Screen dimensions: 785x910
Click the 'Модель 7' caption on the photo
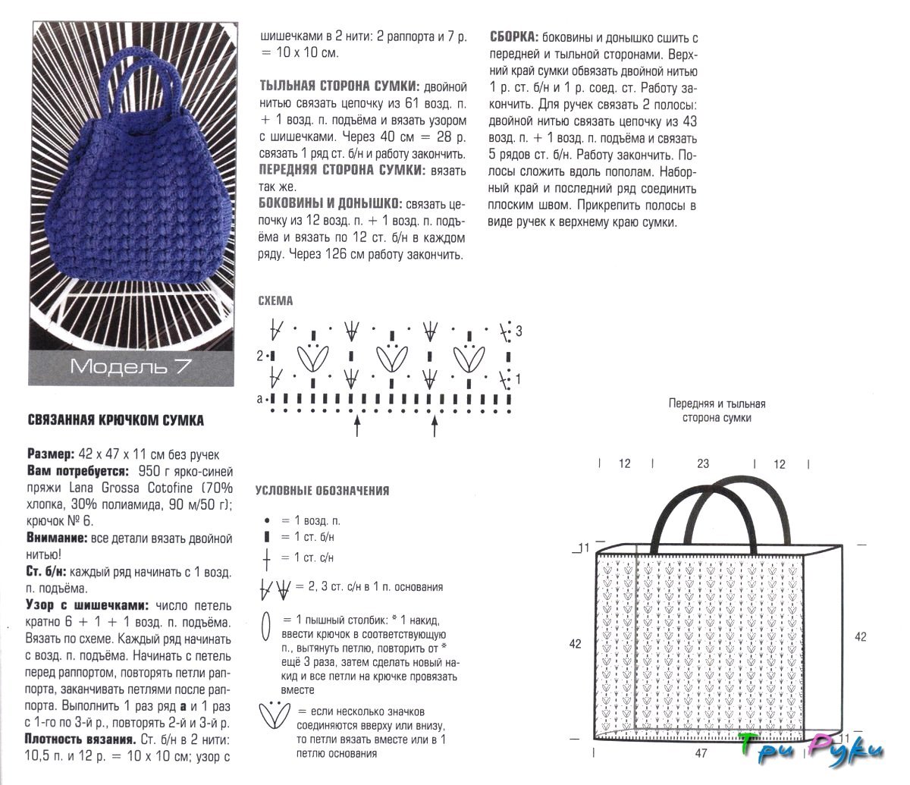[x=130, y=366]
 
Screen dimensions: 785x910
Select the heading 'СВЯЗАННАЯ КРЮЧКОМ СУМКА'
[x=116, y=420]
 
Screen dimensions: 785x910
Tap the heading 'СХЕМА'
[x=275, y=300]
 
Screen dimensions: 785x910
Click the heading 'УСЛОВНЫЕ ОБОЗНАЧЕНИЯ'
[x=323, y=491]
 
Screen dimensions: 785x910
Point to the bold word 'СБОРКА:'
[x=515, y=37]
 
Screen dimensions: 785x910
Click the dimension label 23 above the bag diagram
[x=702, y=464]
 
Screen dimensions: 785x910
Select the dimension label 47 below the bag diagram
[x=701, y=754]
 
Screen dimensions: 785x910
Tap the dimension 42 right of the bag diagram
[x=860, y=637]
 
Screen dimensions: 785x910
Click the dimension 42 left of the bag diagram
[x=575, y=644]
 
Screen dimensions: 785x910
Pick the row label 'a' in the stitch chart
[x=259, y=398]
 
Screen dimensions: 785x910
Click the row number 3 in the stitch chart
[x=519, y=331]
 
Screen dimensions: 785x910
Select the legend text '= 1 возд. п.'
[x=311, y=521]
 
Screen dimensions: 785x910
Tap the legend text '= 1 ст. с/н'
[x=307, y=557]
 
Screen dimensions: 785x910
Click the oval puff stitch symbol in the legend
[x=265, y=626]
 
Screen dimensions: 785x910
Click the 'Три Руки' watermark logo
[x=809, y=749]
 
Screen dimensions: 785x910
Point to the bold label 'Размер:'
[x=51, y=454]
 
